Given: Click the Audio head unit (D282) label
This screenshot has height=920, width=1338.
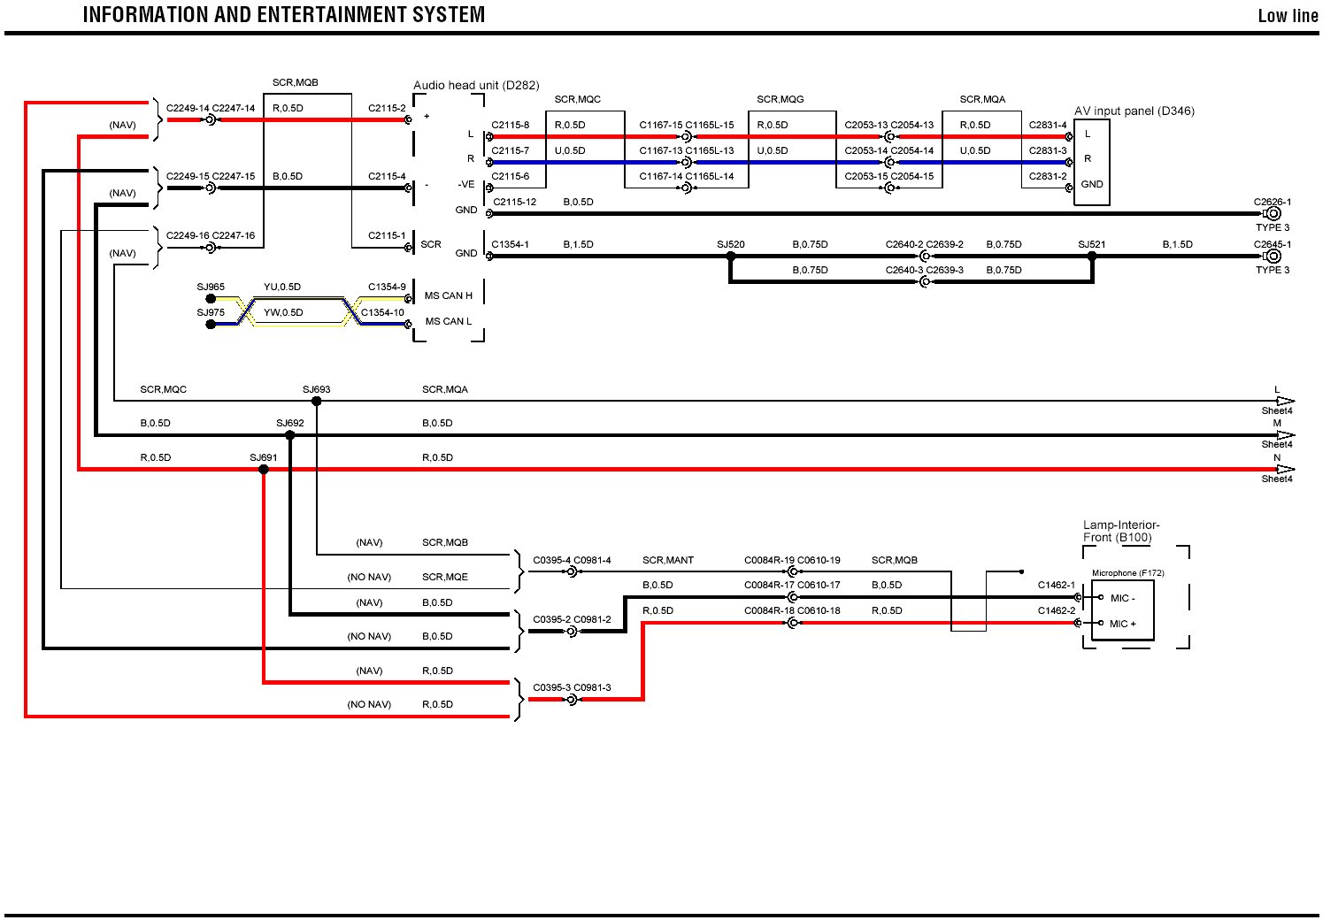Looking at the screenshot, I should [x=476, y=86].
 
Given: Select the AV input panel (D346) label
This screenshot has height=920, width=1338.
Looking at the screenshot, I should [x=1134, y=111].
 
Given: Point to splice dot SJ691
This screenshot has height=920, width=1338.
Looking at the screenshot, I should [x=264, y=469].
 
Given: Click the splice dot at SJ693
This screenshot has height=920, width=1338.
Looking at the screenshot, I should [x=317, y=402].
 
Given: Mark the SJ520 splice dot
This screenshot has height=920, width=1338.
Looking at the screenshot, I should [x=731, y=257].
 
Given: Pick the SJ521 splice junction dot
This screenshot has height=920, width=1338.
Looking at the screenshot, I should [x=1092, y=257].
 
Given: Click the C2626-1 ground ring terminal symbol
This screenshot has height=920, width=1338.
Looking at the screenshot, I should [x=1273, y=214].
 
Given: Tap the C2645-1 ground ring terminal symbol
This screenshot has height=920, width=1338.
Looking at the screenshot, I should [x=1273, y=257].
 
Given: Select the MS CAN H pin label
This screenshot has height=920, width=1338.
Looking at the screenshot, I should [x=449, y=295].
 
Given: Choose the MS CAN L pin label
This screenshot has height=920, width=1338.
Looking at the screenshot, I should [x=449, y=321].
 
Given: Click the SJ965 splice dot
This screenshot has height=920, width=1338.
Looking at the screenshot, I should [x=211, y=299].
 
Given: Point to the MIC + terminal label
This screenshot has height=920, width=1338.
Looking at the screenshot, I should [x=1123, y=624].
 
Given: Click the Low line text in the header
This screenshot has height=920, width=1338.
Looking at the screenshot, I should [x=1288, y=16].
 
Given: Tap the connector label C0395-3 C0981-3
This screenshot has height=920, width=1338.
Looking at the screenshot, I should [x=572, y=687].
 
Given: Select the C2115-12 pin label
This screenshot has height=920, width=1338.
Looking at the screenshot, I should [x=514, y=202].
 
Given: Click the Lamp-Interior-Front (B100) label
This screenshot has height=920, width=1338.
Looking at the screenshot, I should [x=1120, y=531].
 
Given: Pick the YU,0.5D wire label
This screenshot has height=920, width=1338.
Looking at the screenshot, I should [x=282, y=287].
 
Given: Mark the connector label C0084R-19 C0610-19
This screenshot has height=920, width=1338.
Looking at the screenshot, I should [x=792, y=560].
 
